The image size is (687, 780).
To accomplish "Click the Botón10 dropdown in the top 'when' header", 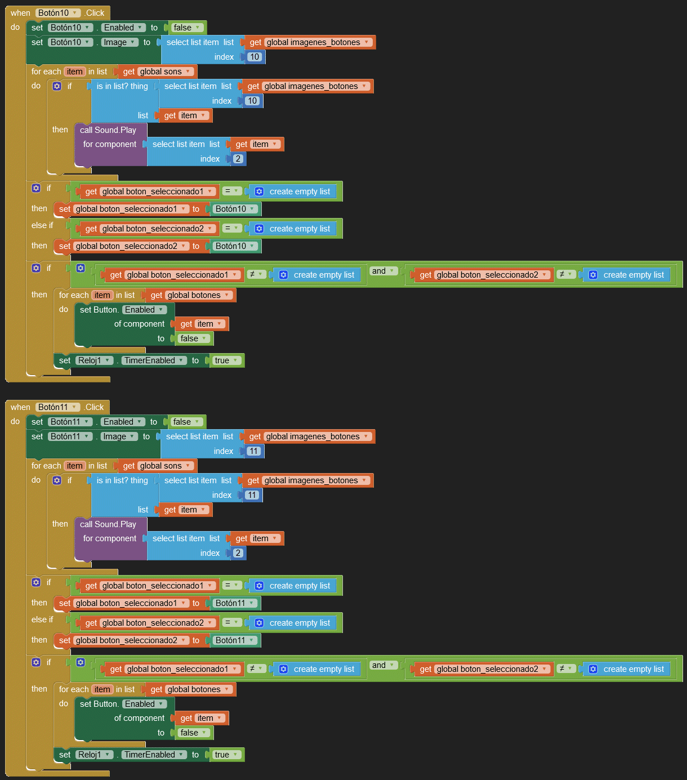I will coord(57,13).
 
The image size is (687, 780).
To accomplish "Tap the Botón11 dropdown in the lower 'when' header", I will coord(57,407).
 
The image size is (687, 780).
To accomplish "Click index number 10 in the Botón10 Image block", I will coord(255,57).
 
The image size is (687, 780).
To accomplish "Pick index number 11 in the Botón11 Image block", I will coord(254,451).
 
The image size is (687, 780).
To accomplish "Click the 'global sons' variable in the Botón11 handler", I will coord(165,466).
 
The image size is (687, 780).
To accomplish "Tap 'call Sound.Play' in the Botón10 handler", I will coord(108,130).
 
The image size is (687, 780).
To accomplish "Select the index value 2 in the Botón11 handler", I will coord(238,553).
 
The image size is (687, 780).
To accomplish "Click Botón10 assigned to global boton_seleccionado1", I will coord(235,209).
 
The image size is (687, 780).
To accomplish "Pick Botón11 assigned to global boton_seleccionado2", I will coord(235,640).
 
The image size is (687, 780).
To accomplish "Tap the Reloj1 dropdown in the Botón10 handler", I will coord(93,360).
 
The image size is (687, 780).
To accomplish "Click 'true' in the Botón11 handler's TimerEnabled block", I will coord(226,755).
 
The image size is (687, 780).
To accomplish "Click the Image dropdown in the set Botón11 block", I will coord(119,436).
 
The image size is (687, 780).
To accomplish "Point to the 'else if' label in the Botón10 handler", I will coord(42,225).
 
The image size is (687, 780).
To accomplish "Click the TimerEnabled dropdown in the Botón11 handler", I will coord(154,755).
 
